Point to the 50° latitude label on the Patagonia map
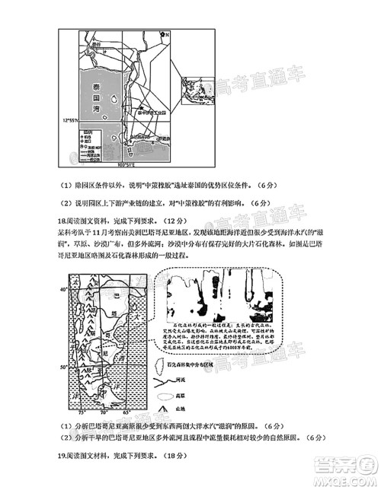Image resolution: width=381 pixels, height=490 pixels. [64, 368]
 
